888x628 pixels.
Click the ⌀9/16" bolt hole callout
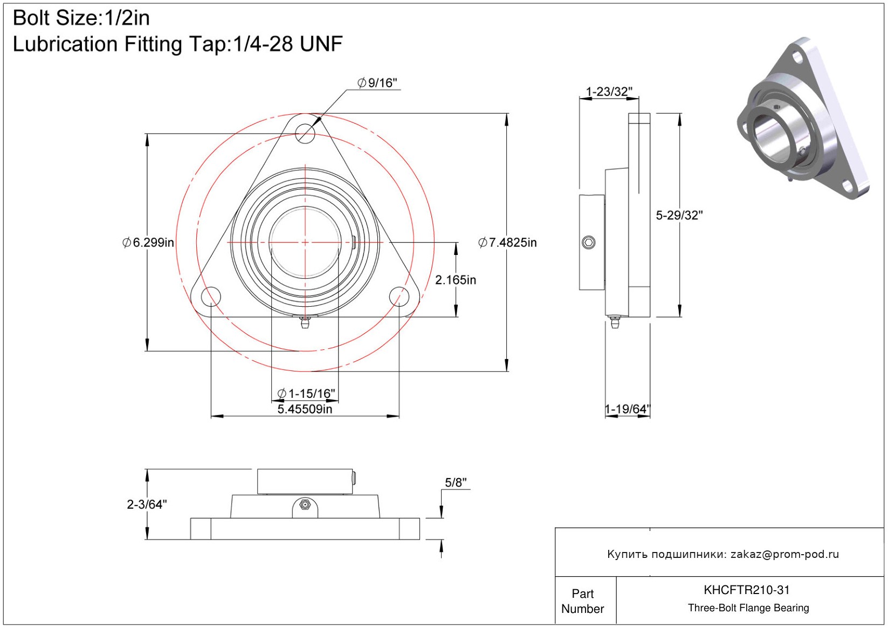point(377,83)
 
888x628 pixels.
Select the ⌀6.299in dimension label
point(148,243)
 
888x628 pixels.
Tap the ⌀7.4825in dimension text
point(507,243)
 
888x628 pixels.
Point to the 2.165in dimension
point(456,280)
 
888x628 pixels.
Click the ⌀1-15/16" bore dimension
point(306,394)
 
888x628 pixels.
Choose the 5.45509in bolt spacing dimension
point(305,409)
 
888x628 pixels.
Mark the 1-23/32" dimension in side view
point(609,92)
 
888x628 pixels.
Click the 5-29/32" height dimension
point(679,215)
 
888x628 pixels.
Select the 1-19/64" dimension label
point(628,409)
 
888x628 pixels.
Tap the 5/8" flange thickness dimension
point(456,482)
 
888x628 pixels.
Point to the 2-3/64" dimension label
point(147,505)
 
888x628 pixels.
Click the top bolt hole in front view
point(305,133)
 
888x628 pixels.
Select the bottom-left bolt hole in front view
point(211,296)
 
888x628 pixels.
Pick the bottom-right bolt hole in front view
point(399,296)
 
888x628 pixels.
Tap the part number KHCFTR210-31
point(747,590)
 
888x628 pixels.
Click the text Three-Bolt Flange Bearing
point(748,608)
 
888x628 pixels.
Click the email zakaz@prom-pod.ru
point(784,554)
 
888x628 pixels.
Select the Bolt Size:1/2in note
point(81,18)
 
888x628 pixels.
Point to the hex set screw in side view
point(589,243)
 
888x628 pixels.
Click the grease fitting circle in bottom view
point(305,505)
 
